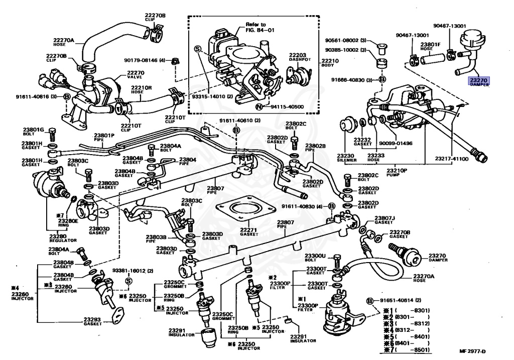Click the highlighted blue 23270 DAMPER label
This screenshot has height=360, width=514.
[479, 81]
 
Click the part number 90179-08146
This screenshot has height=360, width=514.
[142, 61]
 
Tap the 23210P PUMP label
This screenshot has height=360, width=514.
[397, 172]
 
